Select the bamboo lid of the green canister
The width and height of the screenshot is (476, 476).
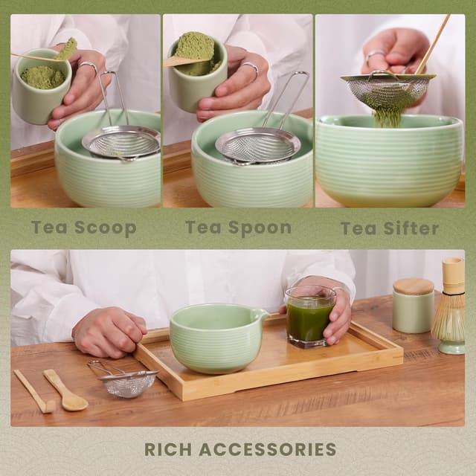pos(413,286)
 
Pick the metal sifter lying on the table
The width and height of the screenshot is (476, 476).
pos(126,383)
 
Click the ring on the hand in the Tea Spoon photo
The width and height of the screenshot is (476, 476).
pos(251,70)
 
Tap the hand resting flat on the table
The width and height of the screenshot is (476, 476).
pos(109,331)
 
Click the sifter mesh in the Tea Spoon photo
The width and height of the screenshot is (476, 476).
pos(257,145)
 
